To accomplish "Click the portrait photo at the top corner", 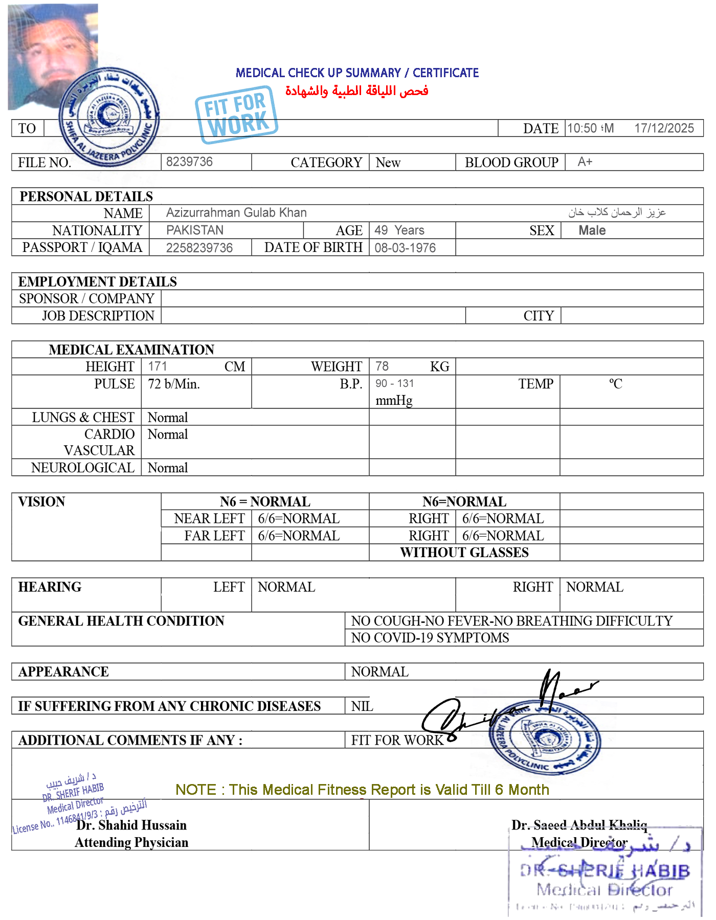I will pos(53,56).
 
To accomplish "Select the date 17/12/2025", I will pos(663,128).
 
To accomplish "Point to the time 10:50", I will pos(582,128).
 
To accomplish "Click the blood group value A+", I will pos(585,162).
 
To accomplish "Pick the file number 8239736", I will pos(189,162).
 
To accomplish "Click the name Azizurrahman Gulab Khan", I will pos(236,213).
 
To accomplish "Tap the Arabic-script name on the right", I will pos(617,212).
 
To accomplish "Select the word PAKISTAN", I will pos(195,230).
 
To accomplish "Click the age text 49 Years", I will pos(399,230).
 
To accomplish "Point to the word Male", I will pos(592,231).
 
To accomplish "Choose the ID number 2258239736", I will pos(199,248).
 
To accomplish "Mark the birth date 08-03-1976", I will pos(405,248).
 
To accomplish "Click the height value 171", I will pos(157,366).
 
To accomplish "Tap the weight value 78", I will pos(382,366).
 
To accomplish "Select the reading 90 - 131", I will pos(394,384).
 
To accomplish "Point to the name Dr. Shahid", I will pos(107,825).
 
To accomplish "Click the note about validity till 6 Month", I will pos(362,790).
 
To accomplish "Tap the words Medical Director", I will pos(579,842).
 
